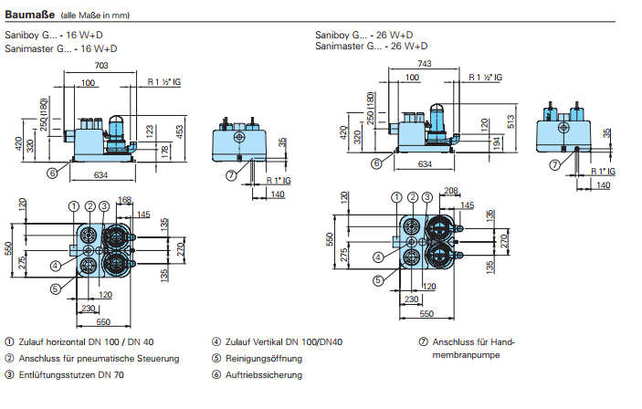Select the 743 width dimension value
[x=424, y=63]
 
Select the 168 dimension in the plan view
[x=125, y=200]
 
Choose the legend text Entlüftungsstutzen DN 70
[x=73, y=374]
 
